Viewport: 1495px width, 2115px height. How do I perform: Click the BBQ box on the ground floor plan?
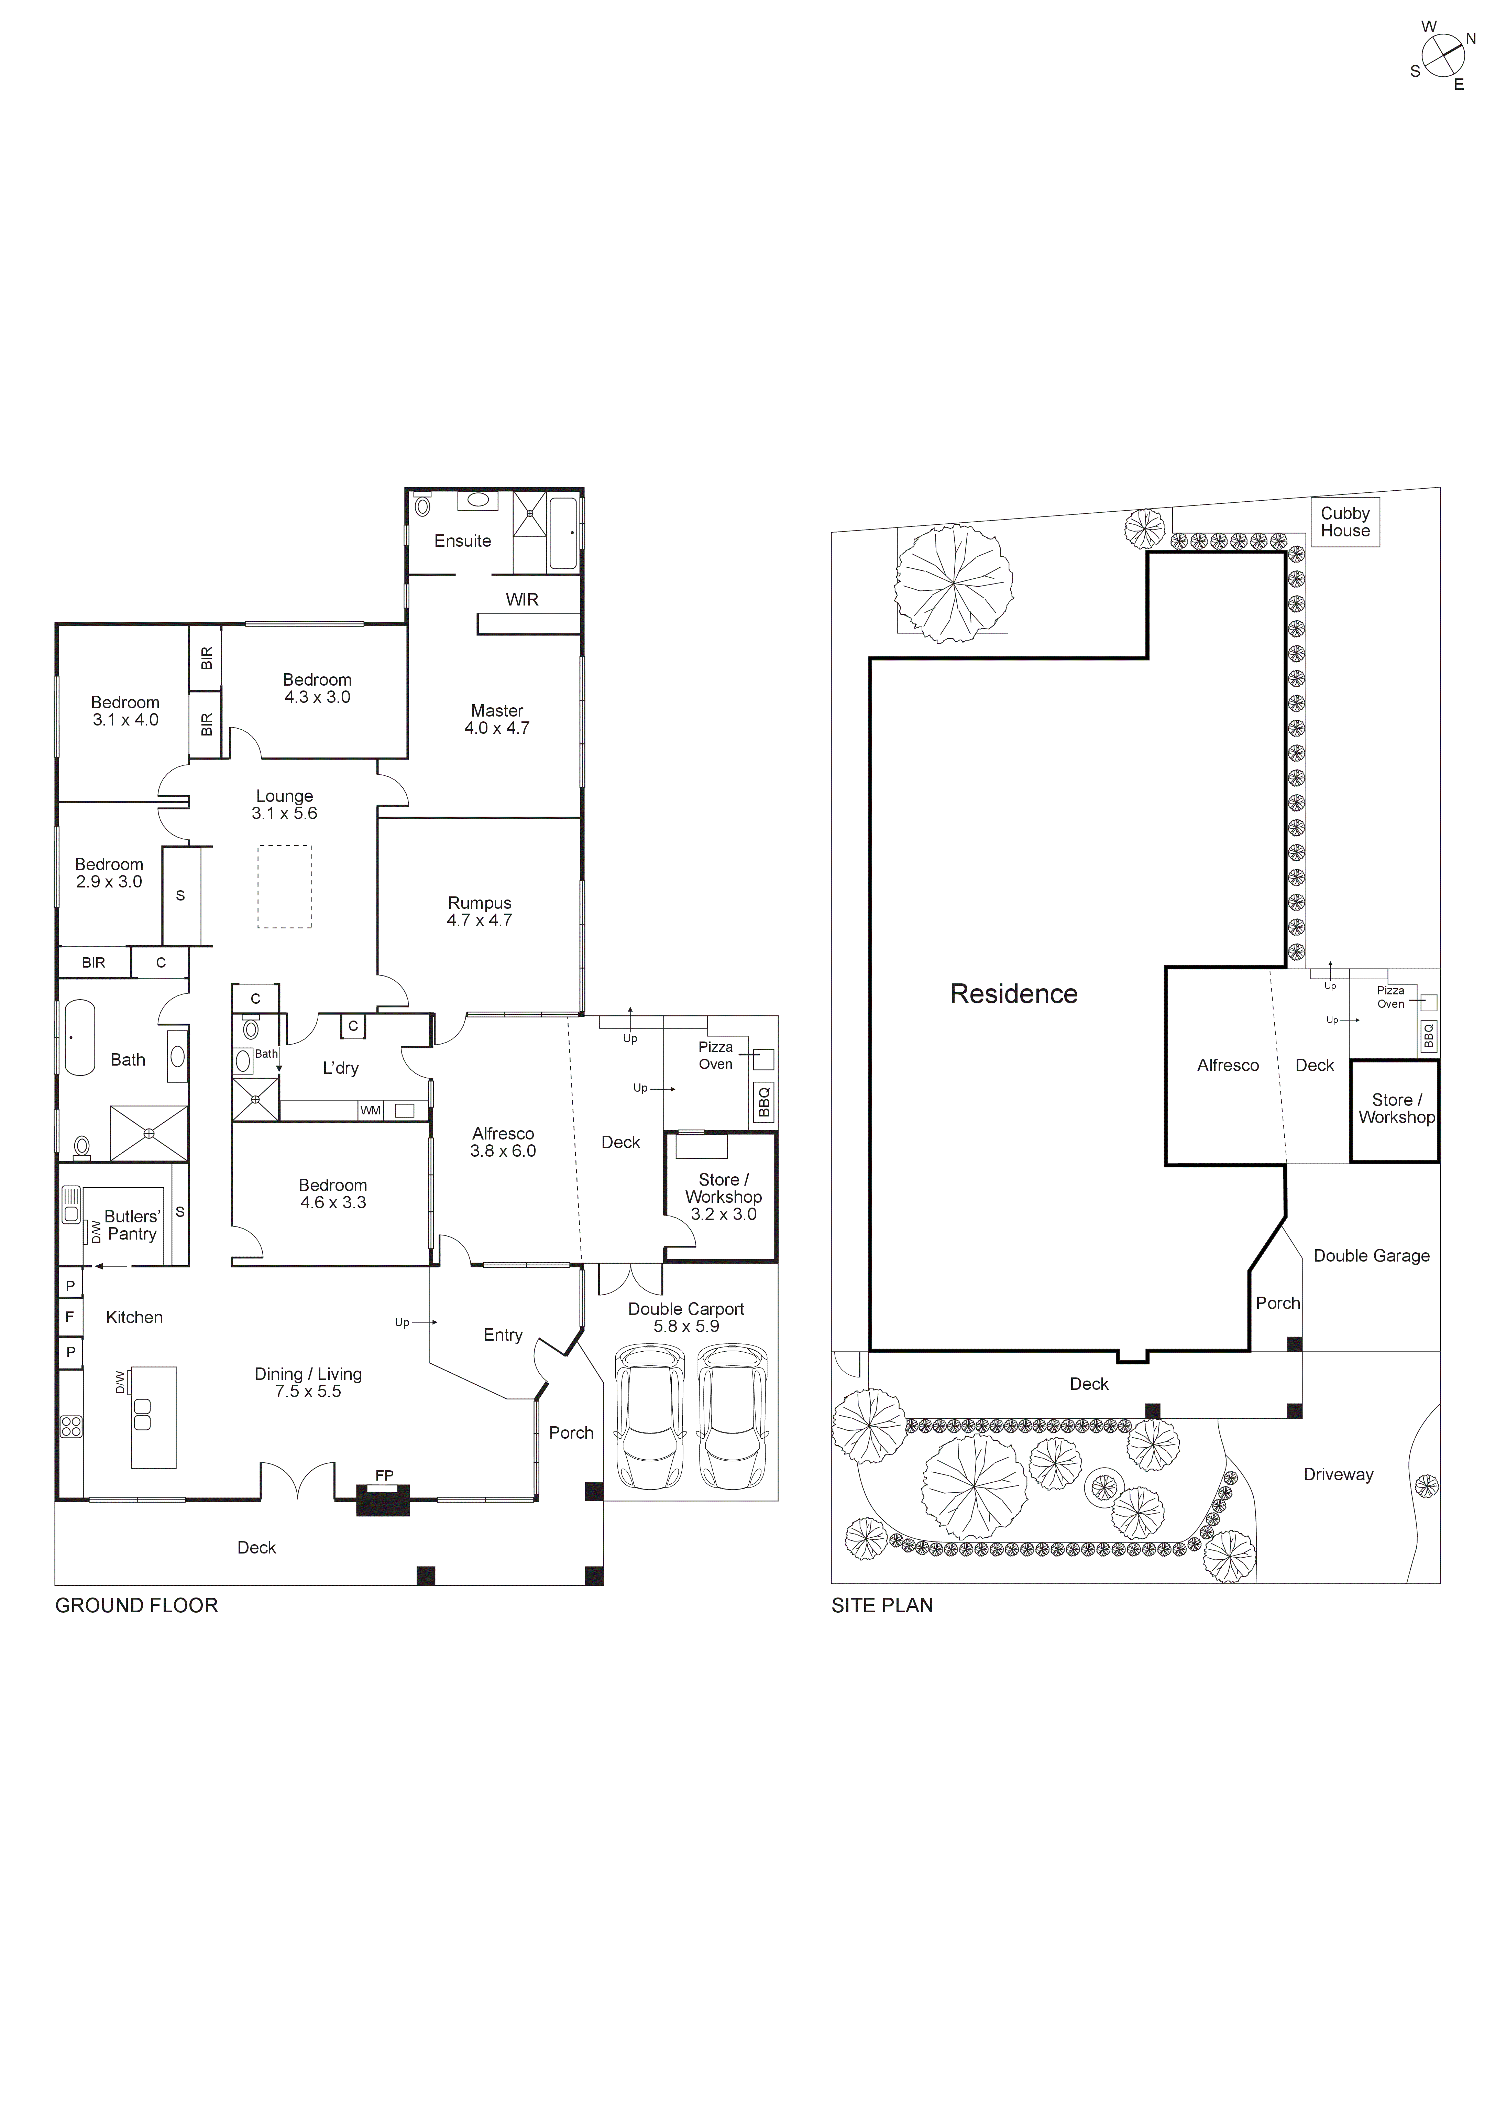pos(763,1102)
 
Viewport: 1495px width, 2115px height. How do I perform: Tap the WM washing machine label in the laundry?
pos(370,1111)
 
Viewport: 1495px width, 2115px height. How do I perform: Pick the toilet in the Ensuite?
pos(423,506)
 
